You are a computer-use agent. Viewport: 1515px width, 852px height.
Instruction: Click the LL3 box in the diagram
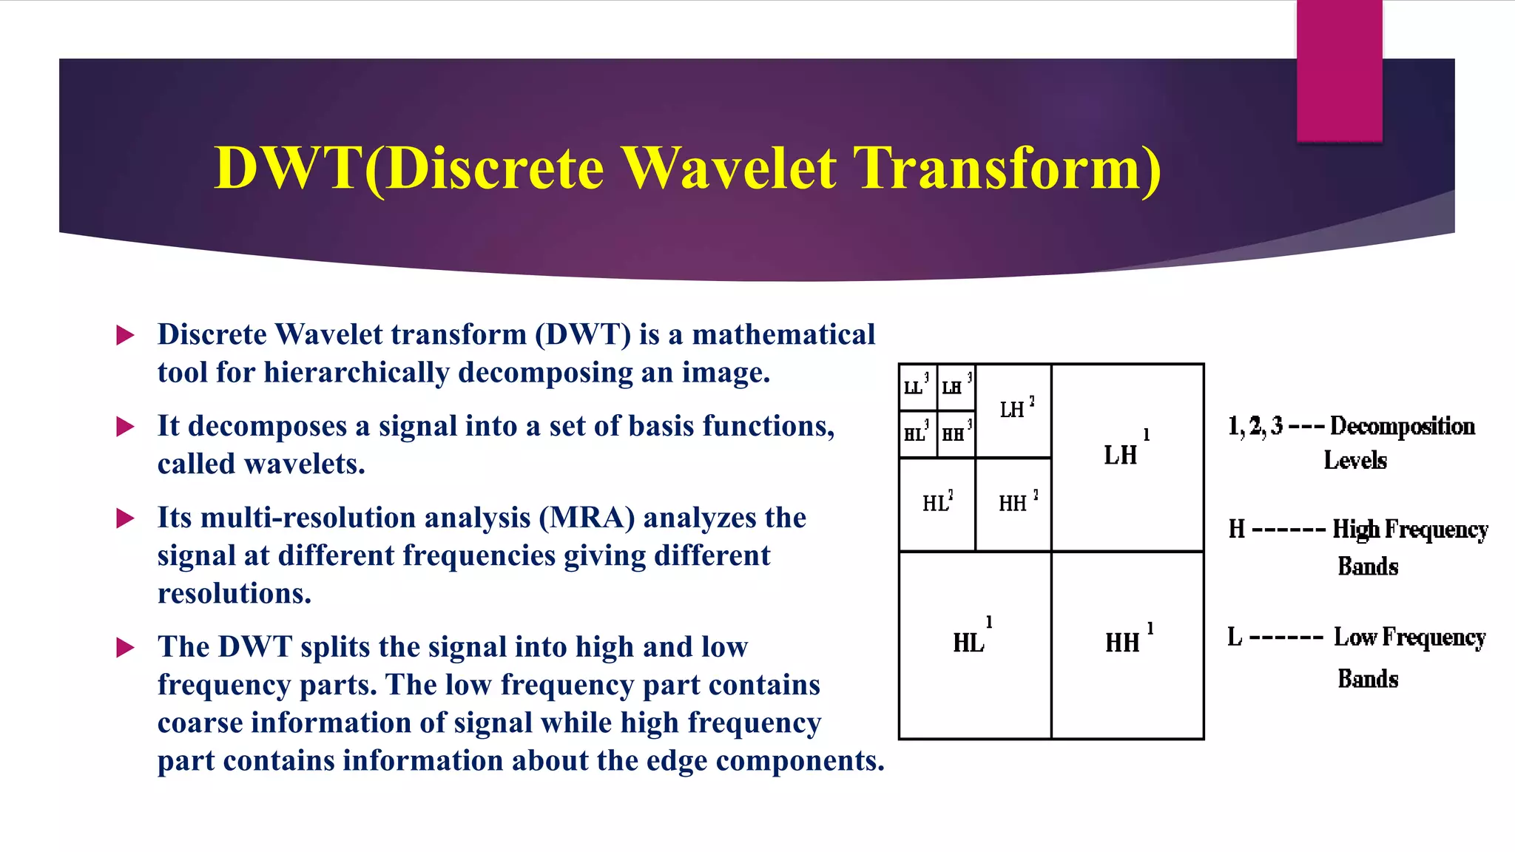917,388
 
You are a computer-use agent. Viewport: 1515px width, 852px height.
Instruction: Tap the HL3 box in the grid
917,433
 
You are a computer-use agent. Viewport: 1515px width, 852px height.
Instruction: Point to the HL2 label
937,503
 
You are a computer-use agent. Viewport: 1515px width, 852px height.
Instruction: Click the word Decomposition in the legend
1402,427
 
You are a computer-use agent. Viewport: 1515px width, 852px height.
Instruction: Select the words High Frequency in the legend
1410,530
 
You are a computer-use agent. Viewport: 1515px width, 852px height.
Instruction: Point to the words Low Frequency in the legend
1409,638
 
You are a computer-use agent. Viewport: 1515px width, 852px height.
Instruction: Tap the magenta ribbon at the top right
1339,70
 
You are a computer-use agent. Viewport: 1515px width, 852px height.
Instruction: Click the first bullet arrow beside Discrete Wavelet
126,336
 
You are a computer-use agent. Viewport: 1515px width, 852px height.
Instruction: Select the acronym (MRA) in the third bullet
587,518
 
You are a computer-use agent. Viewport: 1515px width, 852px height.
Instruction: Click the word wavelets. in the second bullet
305,464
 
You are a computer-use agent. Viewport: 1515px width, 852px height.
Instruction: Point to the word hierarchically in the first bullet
357,373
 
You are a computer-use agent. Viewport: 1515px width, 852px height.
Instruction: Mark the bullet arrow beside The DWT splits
126,649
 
